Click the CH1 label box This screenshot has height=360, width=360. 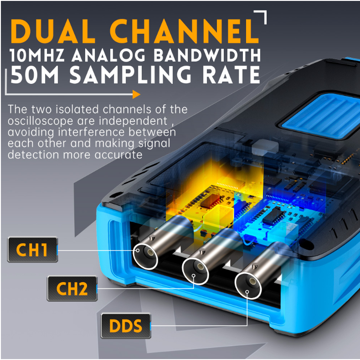pyautogui.click(x=33, y=250)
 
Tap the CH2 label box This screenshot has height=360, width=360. pyautogui.click(x=72, y=288)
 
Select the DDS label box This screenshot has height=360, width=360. pyautogui.click(x=126, y=326)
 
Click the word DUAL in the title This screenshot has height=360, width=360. pyautogui.click(x=53, y=31)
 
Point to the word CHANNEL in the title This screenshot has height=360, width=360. pyautogui.click(x=185, y=31)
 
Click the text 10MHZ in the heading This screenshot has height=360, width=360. pyautogui.click(x=37, y=55)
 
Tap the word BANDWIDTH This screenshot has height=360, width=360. pyautogui.click(x=207, y=55)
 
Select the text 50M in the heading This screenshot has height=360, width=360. pyautogui.click(x=35, y=75)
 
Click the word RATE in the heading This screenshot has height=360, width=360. pyautogui.click(x=231, y=75)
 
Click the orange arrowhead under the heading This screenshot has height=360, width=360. pyautogui.click(x=136, y=94)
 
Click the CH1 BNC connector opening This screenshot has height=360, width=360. pyautogui.click(x=145, y=256)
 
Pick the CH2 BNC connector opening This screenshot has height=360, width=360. pyautogui.click(x=195, y=271)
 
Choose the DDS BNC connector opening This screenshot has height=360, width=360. pyautogui.click(x=248, y=286)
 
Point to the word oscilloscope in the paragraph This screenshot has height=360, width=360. pyautogui.click(x=40, y=121)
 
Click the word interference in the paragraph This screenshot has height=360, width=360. pyautogui.click(x=91, y=132)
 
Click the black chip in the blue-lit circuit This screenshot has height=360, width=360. pyautogui.click(x=274, y=216)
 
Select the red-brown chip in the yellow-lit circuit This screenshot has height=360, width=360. pyautogui.click(x=210, y=201)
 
